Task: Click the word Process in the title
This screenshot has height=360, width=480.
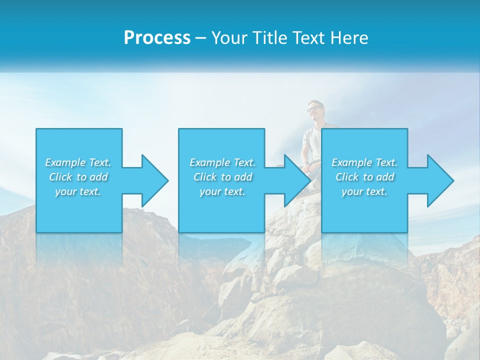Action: (x=157, y=38)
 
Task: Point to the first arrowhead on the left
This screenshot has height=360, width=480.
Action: (x=152, y=180)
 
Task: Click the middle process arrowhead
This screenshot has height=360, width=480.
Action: (x=295, y=180)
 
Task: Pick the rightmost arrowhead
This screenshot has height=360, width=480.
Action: (x=438, y=180)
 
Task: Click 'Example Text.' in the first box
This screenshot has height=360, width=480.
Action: (x=78, y=162)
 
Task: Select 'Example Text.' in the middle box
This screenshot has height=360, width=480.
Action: (x=222, y=162)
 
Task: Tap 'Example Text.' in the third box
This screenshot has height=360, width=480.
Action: (x=364, y=162)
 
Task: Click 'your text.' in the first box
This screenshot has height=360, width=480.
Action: (x=78, y=191)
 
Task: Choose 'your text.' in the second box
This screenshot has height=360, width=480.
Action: (x=222, y=191)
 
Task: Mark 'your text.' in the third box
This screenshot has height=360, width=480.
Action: (x=364, y=191)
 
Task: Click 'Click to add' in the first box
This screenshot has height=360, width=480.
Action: (x=78, y=177)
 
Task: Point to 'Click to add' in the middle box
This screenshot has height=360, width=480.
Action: (x=222, y=177)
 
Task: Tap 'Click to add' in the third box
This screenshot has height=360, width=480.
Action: (x=364, y=177)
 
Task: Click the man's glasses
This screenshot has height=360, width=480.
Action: (x=313, y=108)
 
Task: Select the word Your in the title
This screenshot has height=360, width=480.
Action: (x=229, y=38)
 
